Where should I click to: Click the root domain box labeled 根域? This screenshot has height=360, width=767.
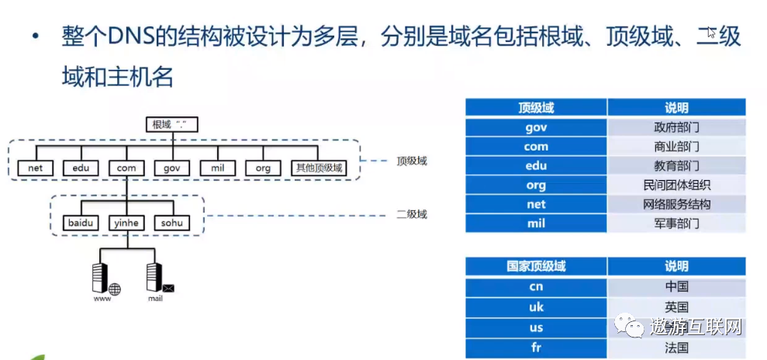pyautogui.click(x=171, y=124)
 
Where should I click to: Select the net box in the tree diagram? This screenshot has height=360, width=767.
pyautogui.click(x=35, y=168)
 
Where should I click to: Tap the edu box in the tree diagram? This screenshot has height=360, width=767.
pyautogui.click(x=81, y=168)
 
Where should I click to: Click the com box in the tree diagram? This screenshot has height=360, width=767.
pyautogui.click(x=126, y=168)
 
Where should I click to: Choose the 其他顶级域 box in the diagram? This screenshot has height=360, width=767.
pyautogui.click(x=317, y=168)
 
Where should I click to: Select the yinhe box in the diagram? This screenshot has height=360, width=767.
pyautogui.click(x=126, y=223)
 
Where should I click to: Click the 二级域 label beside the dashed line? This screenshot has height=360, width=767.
pyautogui.click(x=412, y=214)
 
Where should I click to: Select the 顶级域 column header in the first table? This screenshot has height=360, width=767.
pyautogui.click(x=536, y=108)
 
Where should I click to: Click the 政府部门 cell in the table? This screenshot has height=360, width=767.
pyautogui.click(x=676, y=127)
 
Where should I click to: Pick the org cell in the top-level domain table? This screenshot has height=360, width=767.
pyautogui.click(x=536, y=185)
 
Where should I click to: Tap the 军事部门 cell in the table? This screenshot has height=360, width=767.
pyautogui.click(x=676, y=223)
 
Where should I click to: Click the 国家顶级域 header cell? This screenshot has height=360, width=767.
pyautogui.click(x=536, y=266)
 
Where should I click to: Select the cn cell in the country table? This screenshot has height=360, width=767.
pyautogui.click(x=536, y=287)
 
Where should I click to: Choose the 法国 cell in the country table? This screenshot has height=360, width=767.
pyautogui.click(x=676, y=348)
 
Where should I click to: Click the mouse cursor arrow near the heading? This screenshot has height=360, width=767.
pyautogui.click(x=711, y=33)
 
